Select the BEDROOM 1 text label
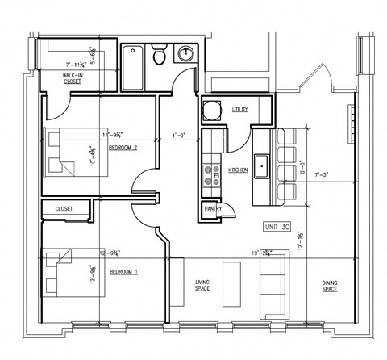click(x=123, y=271)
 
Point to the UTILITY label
click(x=239, y=109)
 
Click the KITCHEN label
click(x=237, y=170)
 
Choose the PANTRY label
click(x=214, y=208)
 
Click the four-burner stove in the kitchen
click(x=214, y=174)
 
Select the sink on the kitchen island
click(x=262, y=167)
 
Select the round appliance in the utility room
click(x=212, y=110)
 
